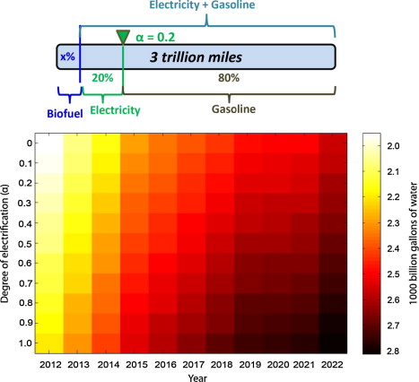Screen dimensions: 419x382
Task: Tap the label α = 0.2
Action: [155, 38]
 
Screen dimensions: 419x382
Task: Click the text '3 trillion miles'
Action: [196, 57]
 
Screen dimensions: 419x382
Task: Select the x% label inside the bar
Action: [67, 56]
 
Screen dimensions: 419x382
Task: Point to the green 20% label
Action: [102, 78]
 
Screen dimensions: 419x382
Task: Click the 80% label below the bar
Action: [229, 78]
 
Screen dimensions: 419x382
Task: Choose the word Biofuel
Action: [65, 114]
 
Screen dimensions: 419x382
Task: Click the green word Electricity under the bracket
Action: [115, 110]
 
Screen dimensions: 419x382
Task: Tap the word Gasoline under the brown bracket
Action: [233, 109]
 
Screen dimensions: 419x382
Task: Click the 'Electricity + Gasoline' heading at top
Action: [202, 5]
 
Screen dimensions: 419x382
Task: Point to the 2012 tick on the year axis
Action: [50, 365]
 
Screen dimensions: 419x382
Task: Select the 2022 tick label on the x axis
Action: [332, 365]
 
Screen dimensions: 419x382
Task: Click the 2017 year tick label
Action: [194, 365]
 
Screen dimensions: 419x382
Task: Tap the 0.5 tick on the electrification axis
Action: [25, 243]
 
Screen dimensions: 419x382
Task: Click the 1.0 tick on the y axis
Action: [25, 343]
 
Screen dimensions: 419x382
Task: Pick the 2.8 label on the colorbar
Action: [393, 351]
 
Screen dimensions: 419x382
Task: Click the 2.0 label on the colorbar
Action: [393, 146]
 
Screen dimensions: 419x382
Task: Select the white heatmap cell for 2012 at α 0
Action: [49, 143]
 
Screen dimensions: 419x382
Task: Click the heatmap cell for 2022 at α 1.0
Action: [333, 343]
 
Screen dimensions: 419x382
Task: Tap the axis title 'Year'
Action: [197, 378]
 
